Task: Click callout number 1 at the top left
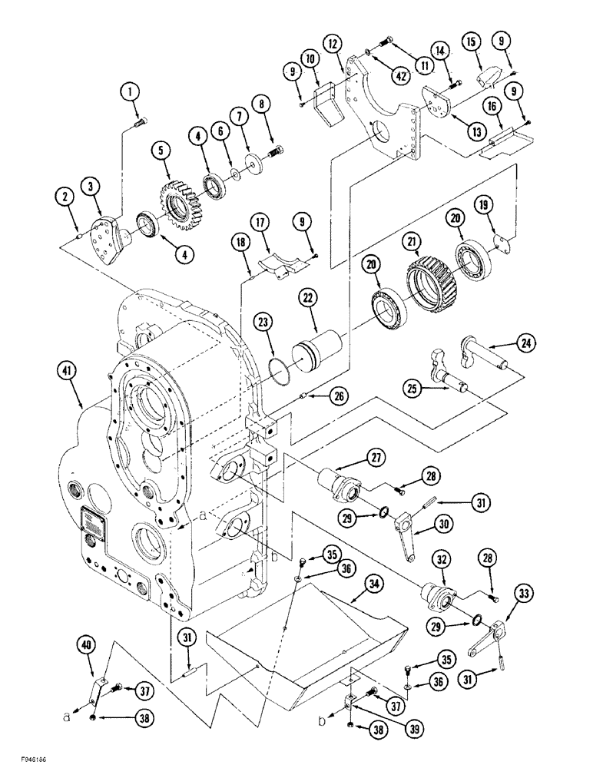[x=132, y=93]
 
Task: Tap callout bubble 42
[x=399, y=75]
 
